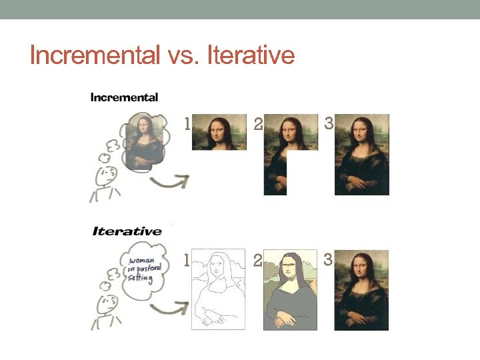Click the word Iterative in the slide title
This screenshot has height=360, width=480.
click(251, 55)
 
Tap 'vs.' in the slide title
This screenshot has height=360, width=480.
click(184, 56)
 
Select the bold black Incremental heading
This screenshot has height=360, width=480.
click(124, 97)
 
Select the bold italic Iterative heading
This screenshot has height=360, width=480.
click(127, 231)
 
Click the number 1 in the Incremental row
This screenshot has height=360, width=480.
click(187, 123)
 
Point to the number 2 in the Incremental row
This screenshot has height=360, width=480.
click(258, 125)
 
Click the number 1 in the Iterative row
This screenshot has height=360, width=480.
click(187, 261)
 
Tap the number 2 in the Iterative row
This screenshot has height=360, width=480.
click(258, 261)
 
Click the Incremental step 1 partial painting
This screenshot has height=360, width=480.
click(219, 132)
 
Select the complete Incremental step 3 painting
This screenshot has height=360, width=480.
click(361, 155)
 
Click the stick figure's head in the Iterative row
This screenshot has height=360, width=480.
click(107, 307)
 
